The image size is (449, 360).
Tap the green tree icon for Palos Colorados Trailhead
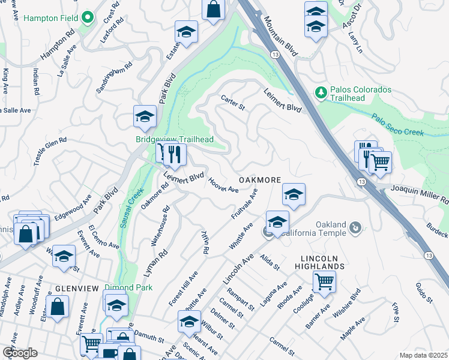(321, 92)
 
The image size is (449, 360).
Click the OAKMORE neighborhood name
(259, 180)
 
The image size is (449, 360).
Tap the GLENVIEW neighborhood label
(77, 289)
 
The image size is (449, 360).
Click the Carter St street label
(233, 103)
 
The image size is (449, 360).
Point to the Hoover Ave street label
(223, 184)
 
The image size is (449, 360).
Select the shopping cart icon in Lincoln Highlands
(324, 280)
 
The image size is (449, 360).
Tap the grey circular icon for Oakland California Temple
(355, 228)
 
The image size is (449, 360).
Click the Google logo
(20, 353)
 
